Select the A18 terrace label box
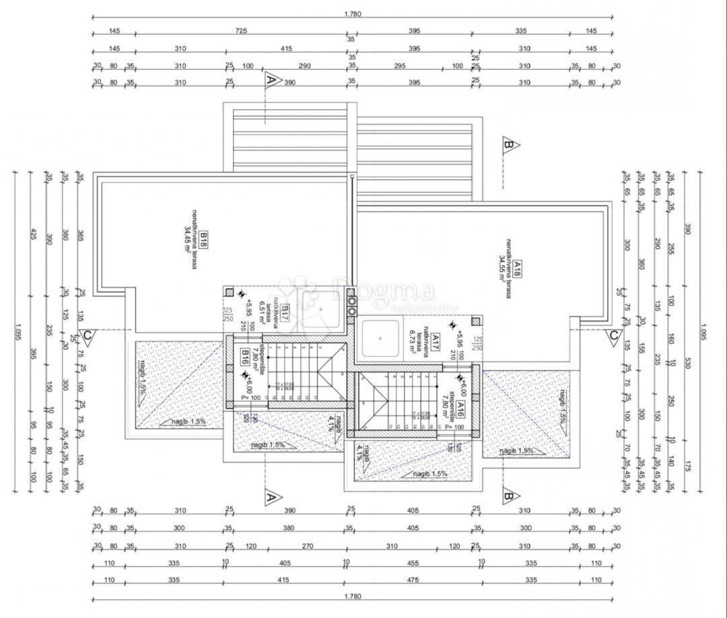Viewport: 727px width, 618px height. (x=517, y=271)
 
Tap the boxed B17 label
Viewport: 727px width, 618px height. (x=285, y=311)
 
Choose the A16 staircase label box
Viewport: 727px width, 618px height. (x=460, y=409)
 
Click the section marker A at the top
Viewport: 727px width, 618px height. (x=271, y=79)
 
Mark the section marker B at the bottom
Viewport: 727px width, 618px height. (x=510, y=497)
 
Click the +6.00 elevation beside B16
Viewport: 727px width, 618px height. (x=249, y=386)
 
